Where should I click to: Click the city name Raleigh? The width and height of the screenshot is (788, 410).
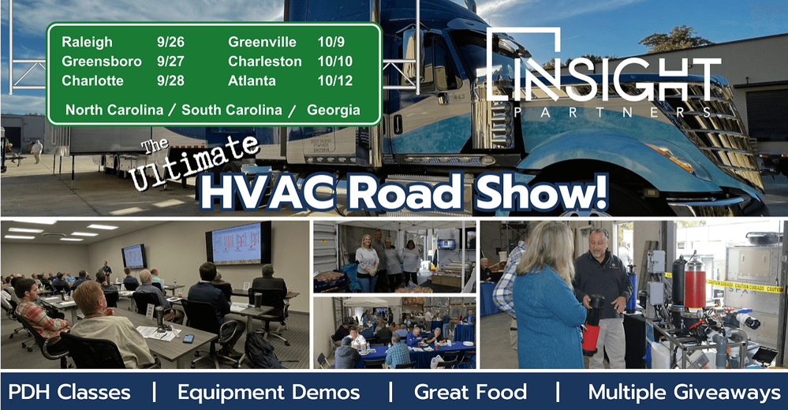pos(88,43)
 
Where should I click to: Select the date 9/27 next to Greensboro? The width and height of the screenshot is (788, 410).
pos(170,61)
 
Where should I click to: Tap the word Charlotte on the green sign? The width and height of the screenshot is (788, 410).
pos(92,80)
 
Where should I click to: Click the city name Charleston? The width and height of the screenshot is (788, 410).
pos(265,61)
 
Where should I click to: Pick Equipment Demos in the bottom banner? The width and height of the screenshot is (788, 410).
pos(268,392)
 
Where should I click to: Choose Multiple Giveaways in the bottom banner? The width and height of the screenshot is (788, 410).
pos(684,392)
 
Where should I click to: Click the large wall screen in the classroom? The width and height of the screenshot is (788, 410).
pos(237,242)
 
